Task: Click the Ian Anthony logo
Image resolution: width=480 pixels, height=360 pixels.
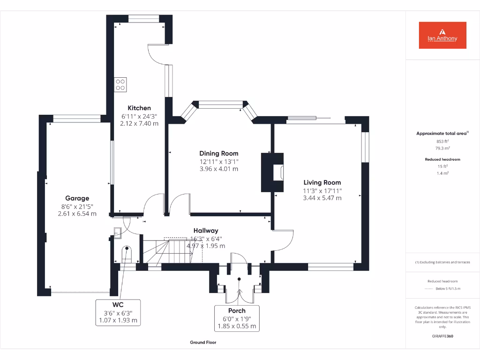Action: tap(442, 35)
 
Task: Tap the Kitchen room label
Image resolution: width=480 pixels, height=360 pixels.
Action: tap(140, 108)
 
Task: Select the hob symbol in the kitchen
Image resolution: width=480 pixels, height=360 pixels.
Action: tap(120, 84)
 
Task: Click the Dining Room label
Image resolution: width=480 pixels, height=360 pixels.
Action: tap(219, 153)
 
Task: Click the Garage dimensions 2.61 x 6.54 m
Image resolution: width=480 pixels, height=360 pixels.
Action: tap(77, 213)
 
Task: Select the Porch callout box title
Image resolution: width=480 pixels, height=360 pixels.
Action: tap(237, 310)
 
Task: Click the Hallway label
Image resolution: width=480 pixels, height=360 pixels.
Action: tap(206, 230)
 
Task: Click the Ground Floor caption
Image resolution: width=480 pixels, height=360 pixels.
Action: tap(203, 343)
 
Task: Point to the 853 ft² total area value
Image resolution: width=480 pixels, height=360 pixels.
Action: tap(442, 141)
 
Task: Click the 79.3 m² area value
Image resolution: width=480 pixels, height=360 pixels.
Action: tap(442, 148)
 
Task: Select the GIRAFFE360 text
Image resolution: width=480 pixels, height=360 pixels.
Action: tap(442, 336)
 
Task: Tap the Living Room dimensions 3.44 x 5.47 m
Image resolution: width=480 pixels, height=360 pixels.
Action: tap(322, 198)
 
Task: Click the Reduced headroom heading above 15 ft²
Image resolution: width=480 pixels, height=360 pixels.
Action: tap(442, 159)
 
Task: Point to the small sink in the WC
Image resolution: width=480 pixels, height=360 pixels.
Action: tap(117, 231)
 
